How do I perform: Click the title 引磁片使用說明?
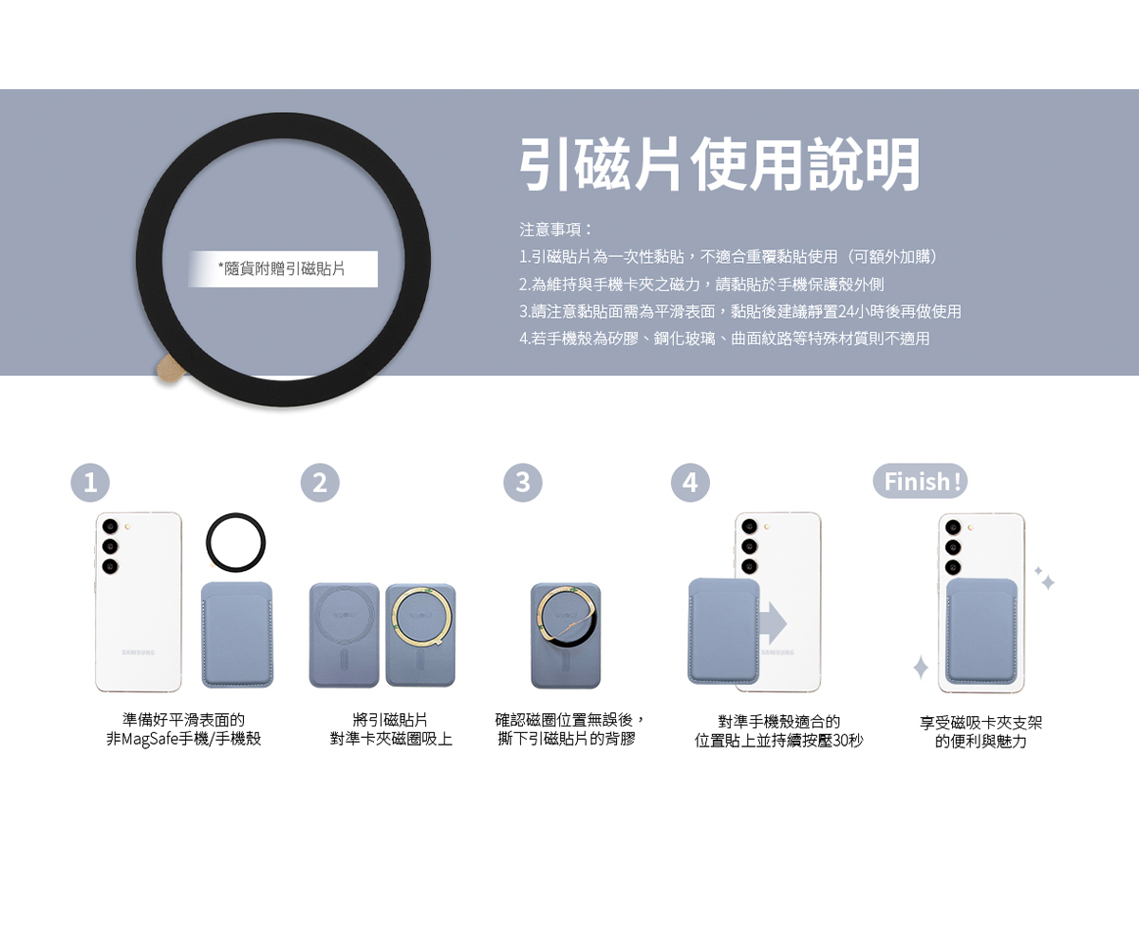click(719, 165)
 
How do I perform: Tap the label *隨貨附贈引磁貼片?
click(283, 269)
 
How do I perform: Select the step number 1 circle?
click(90, 483)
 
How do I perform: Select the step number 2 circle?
click(320, 483)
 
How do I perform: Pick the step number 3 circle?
click(523, 483)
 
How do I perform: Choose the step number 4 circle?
click(690, 483)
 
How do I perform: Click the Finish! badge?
click(920, 482)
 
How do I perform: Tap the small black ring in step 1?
click(235, 543)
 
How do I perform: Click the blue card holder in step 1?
click(237, 635)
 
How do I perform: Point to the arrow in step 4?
click(773, 622)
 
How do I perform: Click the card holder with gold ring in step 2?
click(420, 635)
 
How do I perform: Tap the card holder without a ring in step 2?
click(345, 635)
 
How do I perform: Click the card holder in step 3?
click(565, 635)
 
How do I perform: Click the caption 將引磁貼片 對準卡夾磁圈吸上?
click(391, 730)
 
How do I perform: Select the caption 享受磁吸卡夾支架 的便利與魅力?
click(980, 732)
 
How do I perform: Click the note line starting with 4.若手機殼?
click(724, 338)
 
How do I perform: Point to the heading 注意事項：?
click(556, 230)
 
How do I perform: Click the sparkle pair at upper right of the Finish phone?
click(1045, 578)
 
